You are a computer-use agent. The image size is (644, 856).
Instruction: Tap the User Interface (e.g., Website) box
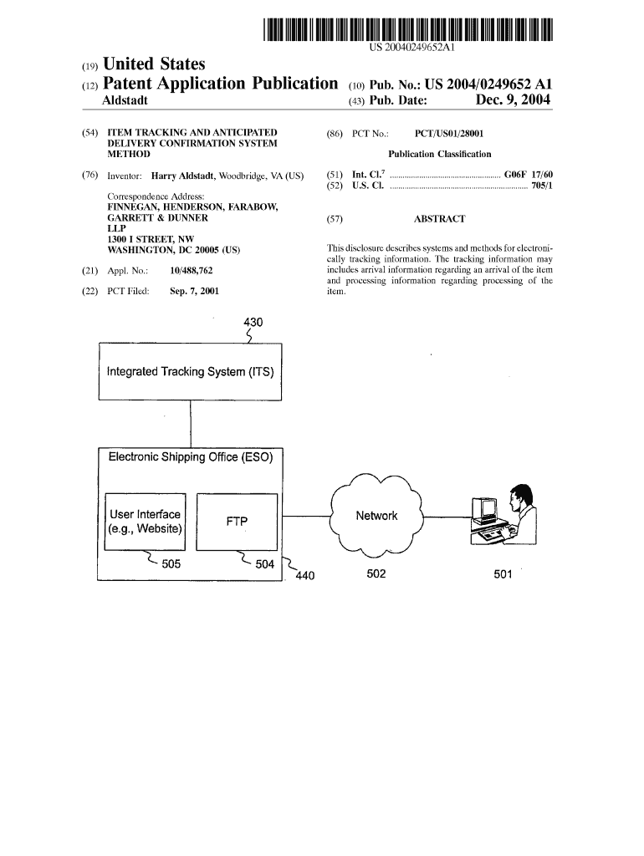pyautogui.click(x=145, y=522)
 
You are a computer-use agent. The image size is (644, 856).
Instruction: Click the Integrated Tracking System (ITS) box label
pyautogui.click(x=191, y=371)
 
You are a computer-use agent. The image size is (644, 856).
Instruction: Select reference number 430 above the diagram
pyautogui.click(x=253, y=322)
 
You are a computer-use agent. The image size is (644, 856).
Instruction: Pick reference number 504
pyautogui.click(x=264, y=564)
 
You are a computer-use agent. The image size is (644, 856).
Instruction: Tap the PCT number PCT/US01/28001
pyautogui.click(x=449, y=133)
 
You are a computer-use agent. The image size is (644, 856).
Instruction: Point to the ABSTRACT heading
pyautogui.click(x=439, y=219)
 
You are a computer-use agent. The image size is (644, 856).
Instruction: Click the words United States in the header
pyautogui.click(x=153, y=64)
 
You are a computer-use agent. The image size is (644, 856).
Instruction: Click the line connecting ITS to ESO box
pyautogui.click(x=192, y=425)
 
